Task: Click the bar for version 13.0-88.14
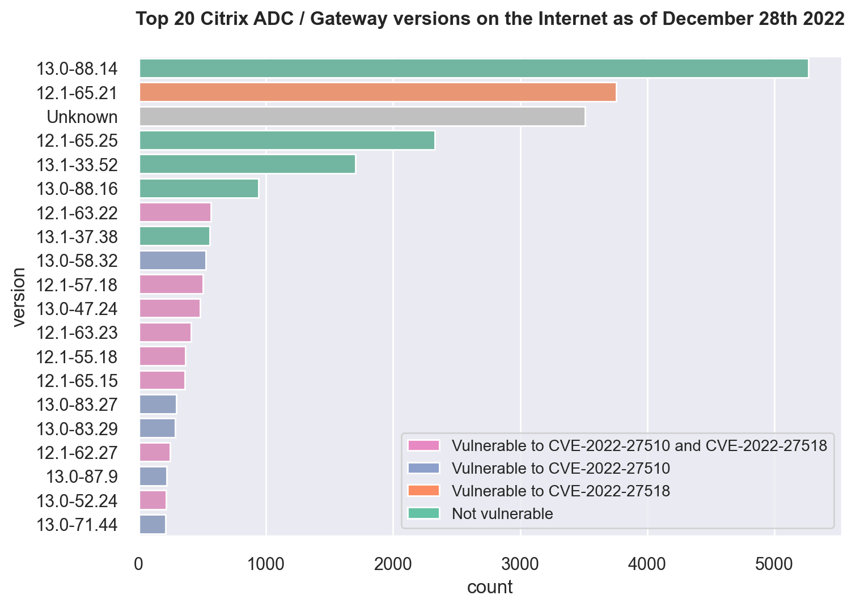(473, 69)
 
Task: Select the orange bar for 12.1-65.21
(378, 92)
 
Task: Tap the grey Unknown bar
(362, 117)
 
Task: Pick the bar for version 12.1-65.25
(287, 141)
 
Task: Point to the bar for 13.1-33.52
(247, 164)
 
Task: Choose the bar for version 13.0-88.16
(199, 188)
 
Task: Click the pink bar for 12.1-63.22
(175, 212)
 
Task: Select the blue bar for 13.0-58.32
(172, 261)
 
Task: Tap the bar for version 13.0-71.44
(152, 525)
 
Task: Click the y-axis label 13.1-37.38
(77, 237)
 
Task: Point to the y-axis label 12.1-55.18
(77, 357)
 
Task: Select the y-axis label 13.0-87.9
(82, 477)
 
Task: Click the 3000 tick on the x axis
(520, 564)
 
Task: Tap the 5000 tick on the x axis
(774, 564)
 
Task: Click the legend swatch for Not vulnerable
(423, 513)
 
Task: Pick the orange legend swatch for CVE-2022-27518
(423, 491)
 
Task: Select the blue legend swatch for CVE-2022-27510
(423, 468)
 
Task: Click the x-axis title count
(490, 588)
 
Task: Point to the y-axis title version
(19, 297)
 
